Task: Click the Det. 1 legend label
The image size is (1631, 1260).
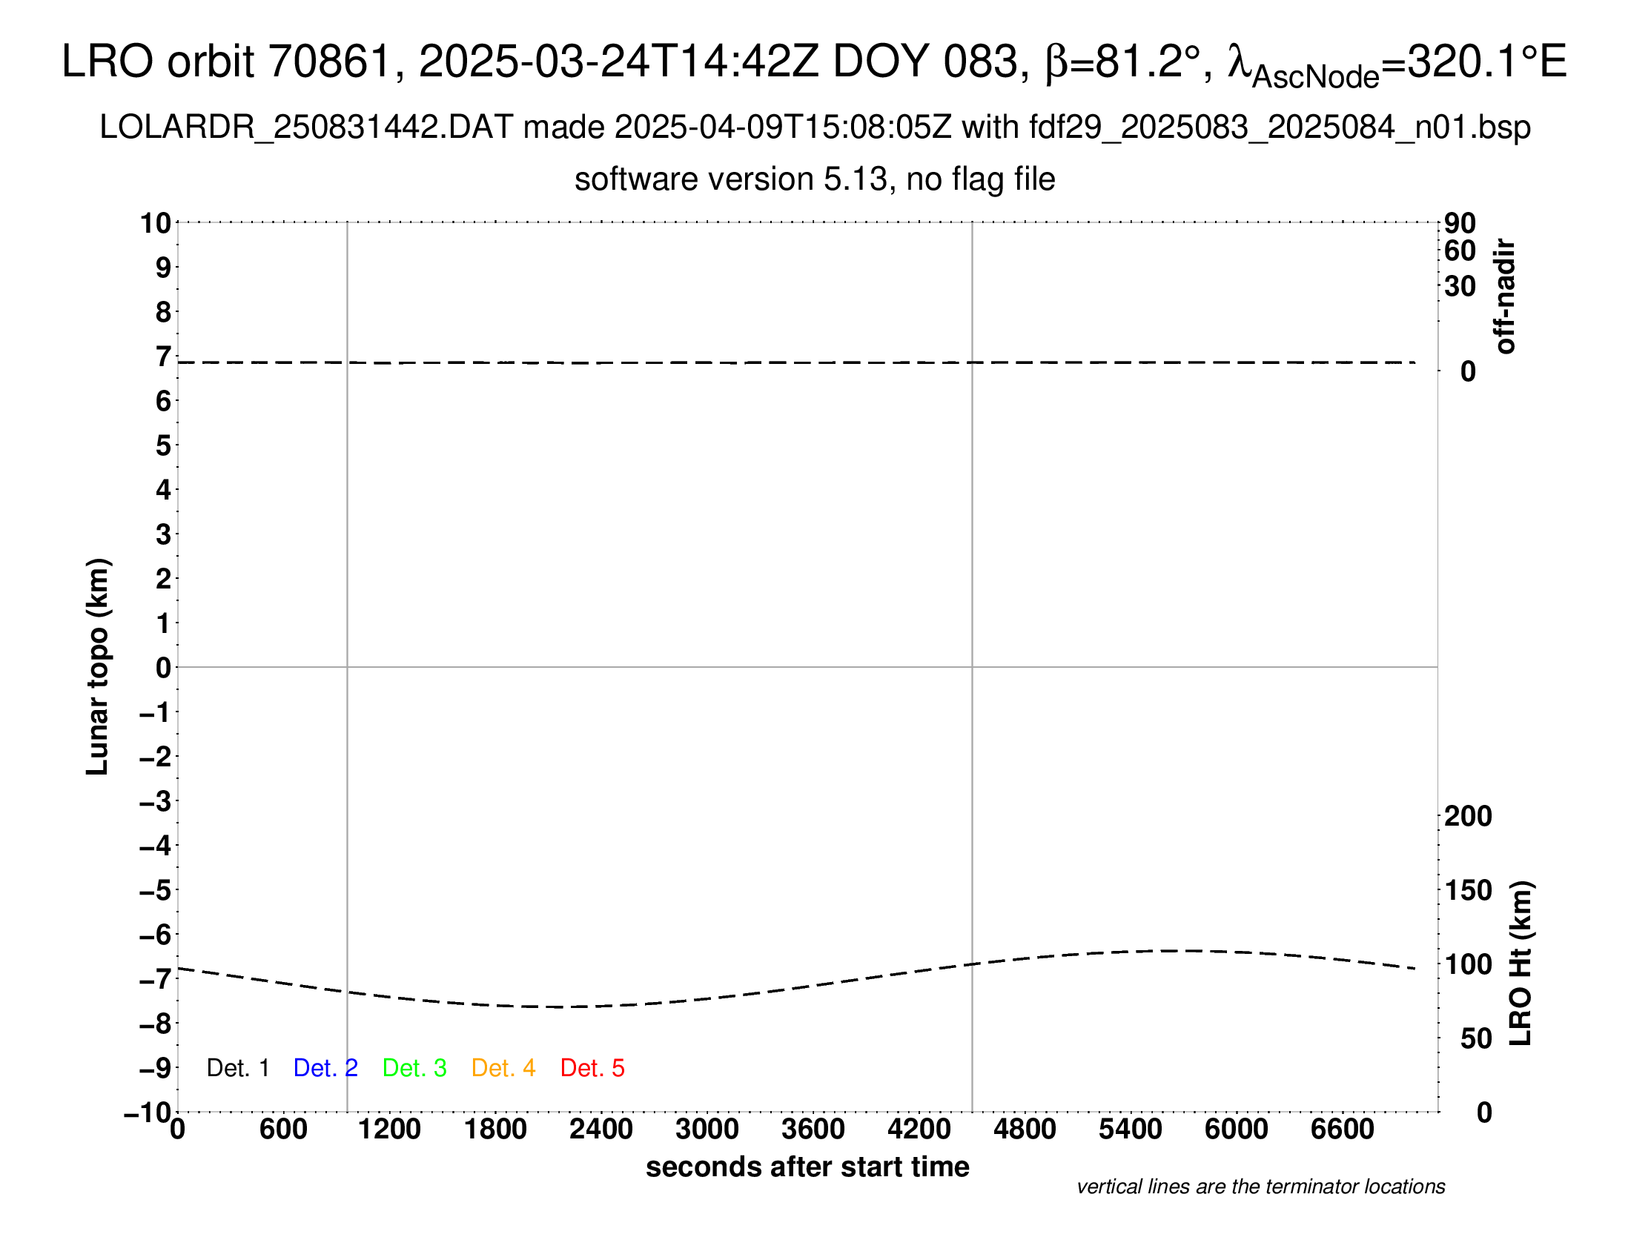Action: click(237, 1068)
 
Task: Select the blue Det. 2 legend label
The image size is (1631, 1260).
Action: click(325, 1068)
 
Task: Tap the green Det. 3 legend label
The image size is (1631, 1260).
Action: click(414, 1068)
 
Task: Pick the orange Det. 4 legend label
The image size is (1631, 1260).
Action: click(503, 1068)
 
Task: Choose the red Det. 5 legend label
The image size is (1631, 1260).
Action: click(592, 1068)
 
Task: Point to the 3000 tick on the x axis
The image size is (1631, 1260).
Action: click(707, 1130)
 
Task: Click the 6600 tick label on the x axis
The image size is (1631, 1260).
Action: click(1342, 1130)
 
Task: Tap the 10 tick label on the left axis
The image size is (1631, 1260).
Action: click(156, 223)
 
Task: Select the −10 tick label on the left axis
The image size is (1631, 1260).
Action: click(148, 1113)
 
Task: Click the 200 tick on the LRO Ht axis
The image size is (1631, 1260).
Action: click(1467, 817)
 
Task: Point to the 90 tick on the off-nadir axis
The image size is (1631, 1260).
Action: click(1460, 223)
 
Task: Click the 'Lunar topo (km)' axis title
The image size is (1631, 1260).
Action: click(98, 666)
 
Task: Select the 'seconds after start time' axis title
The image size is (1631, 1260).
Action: click(807, 1167)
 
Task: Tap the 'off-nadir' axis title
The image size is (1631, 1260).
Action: click(1506, 296)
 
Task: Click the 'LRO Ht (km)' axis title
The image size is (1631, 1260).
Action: click(1521, 964)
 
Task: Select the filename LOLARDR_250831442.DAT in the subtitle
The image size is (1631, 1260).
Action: click(305, 127)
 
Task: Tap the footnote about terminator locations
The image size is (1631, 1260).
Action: click(1260, 1187)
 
